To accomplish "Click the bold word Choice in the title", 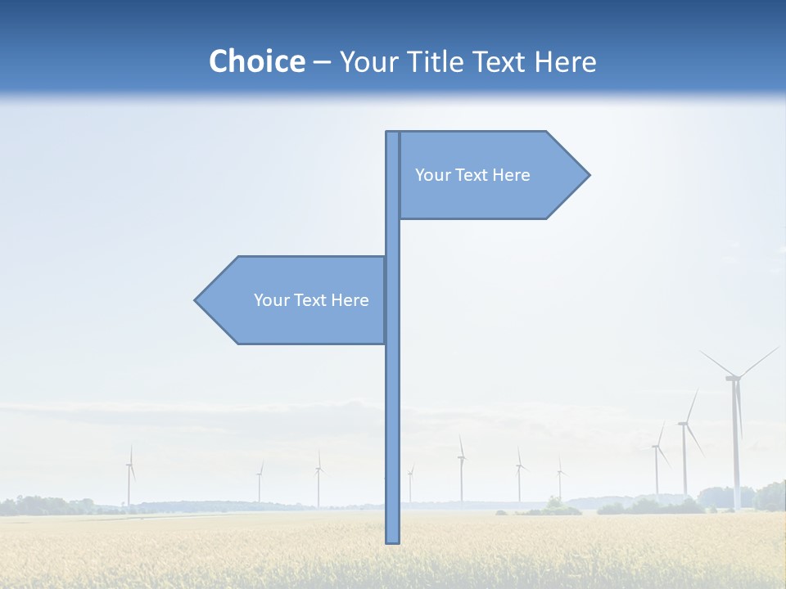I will point(256,61).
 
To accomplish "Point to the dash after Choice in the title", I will point(322,62).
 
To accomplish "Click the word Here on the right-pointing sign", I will point(512,175).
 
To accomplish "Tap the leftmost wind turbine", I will point(129,479).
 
